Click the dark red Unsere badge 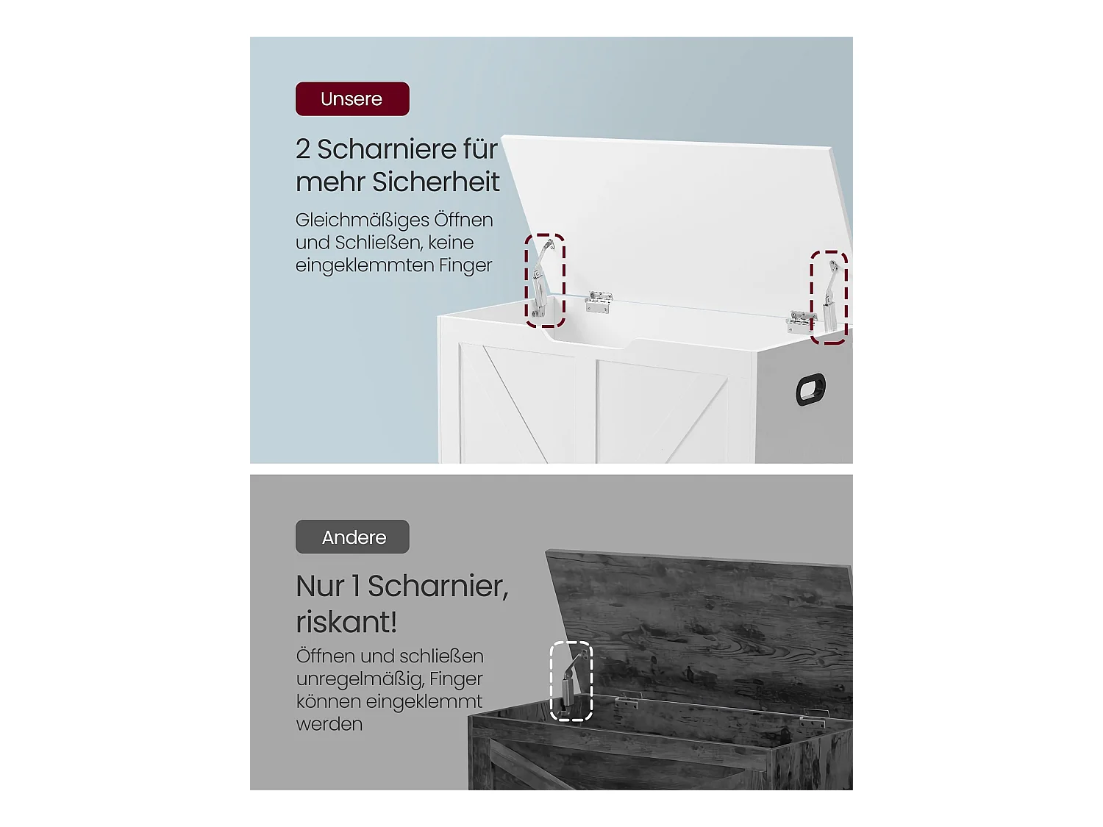point(352,99)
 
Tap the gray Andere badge point(352,537)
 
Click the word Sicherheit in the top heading point(435,182)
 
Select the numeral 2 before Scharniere point(302,149)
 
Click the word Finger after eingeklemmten point(465,265)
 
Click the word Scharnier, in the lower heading point(438,587)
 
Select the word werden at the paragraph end point(329,724)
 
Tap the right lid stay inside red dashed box point(830,296)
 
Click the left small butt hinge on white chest point(599,302)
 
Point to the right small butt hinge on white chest point(800,322)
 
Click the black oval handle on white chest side point(810,389)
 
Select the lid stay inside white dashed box point(571,682)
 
